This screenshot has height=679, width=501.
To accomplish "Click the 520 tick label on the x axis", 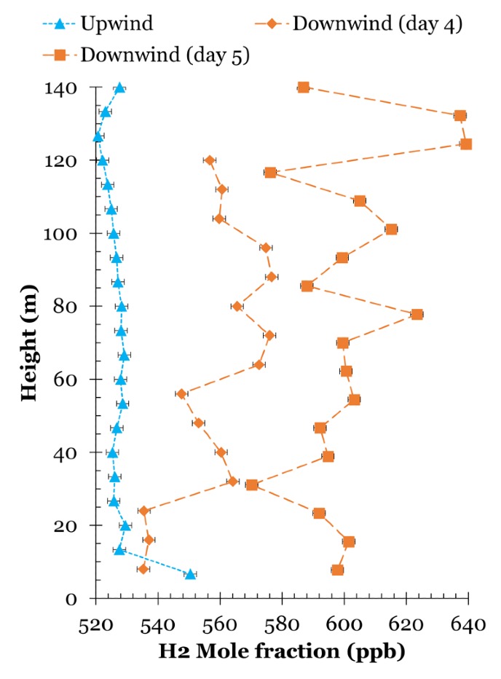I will click(95, 624).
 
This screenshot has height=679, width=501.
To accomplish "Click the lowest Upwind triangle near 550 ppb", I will click(190, 574).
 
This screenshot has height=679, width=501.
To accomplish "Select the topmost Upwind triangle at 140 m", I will click(120, 87).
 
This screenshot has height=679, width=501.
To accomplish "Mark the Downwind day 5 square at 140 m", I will click(304, 87).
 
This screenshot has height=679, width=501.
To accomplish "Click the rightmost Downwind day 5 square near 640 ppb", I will click(466, 144).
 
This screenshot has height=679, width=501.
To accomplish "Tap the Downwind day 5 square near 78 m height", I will click(417, 314).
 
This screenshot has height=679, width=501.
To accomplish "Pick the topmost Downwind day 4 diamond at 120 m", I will click(210, 160).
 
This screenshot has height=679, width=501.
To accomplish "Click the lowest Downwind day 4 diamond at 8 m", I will click(143, 568).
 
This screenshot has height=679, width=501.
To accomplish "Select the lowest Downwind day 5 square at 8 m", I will click(337, 570).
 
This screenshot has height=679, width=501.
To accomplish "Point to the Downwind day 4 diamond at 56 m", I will click(181, 393).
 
